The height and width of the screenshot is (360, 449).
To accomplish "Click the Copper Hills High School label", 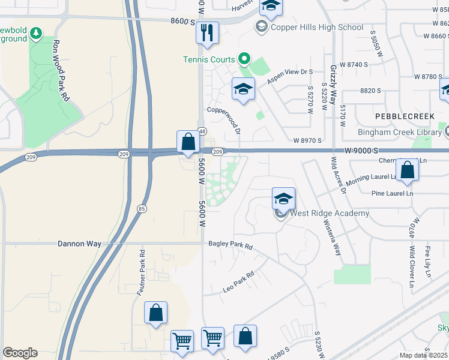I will (x=317, y=27).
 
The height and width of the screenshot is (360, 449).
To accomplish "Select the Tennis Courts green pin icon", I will (x=244, y=59).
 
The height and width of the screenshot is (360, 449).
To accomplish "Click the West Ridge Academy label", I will (x=330, y=213).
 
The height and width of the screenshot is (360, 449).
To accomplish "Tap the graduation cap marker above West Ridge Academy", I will (x=284, y=199).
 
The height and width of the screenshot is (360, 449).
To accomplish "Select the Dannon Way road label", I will (x=79, y=244).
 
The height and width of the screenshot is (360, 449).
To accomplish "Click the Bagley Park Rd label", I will (x=231, y=245).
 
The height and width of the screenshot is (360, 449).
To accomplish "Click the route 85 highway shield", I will (x=142, y=209).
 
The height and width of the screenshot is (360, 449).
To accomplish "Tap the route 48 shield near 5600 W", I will (x=202, y=131).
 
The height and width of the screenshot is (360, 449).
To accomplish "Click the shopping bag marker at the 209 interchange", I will (x=188, y=142).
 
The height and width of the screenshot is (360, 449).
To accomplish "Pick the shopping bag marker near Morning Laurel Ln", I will (x=407, y=170).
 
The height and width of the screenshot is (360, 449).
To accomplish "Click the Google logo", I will (x=20, y=353).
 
